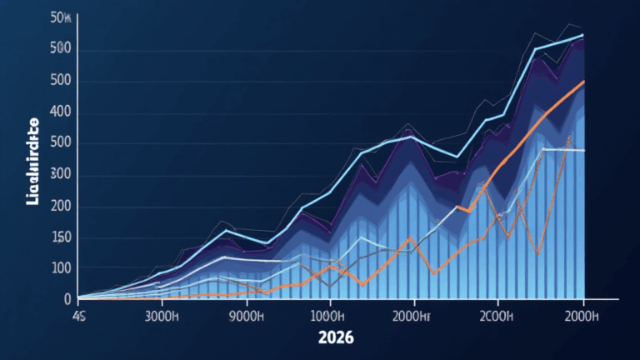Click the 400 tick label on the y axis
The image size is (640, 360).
[x=60, y=112]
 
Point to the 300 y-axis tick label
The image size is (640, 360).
[x=60, y=174]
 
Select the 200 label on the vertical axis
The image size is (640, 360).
[x=60, y=206]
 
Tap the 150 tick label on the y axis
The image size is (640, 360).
[x=60, y=237]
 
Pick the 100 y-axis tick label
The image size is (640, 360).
[x=60, y=268]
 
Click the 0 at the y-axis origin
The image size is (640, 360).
[x=67, y=298]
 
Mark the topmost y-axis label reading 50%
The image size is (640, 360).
[x=60, y=17]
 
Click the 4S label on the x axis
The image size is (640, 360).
[x=80, y=317]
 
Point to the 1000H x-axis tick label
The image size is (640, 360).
[x=327, y=317]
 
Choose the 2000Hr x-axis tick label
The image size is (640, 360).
[x=411, y=317]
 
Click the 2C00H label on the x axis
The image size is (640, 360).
[x=497, y=317]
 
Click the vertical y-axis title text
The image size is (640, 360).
[x=33, y=163]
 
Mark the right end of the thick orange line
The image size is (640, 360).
[x=583, y=82]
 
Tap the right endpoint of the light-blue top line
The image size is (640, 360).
[x=582, y=35]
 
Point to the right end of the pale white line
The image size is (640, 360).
[x=584, y=151]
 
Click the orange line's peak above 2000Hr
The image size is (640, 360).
[x=410, y=239]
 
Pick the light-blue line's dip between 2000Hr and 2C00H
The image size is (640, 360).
[x=456, y=157]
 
